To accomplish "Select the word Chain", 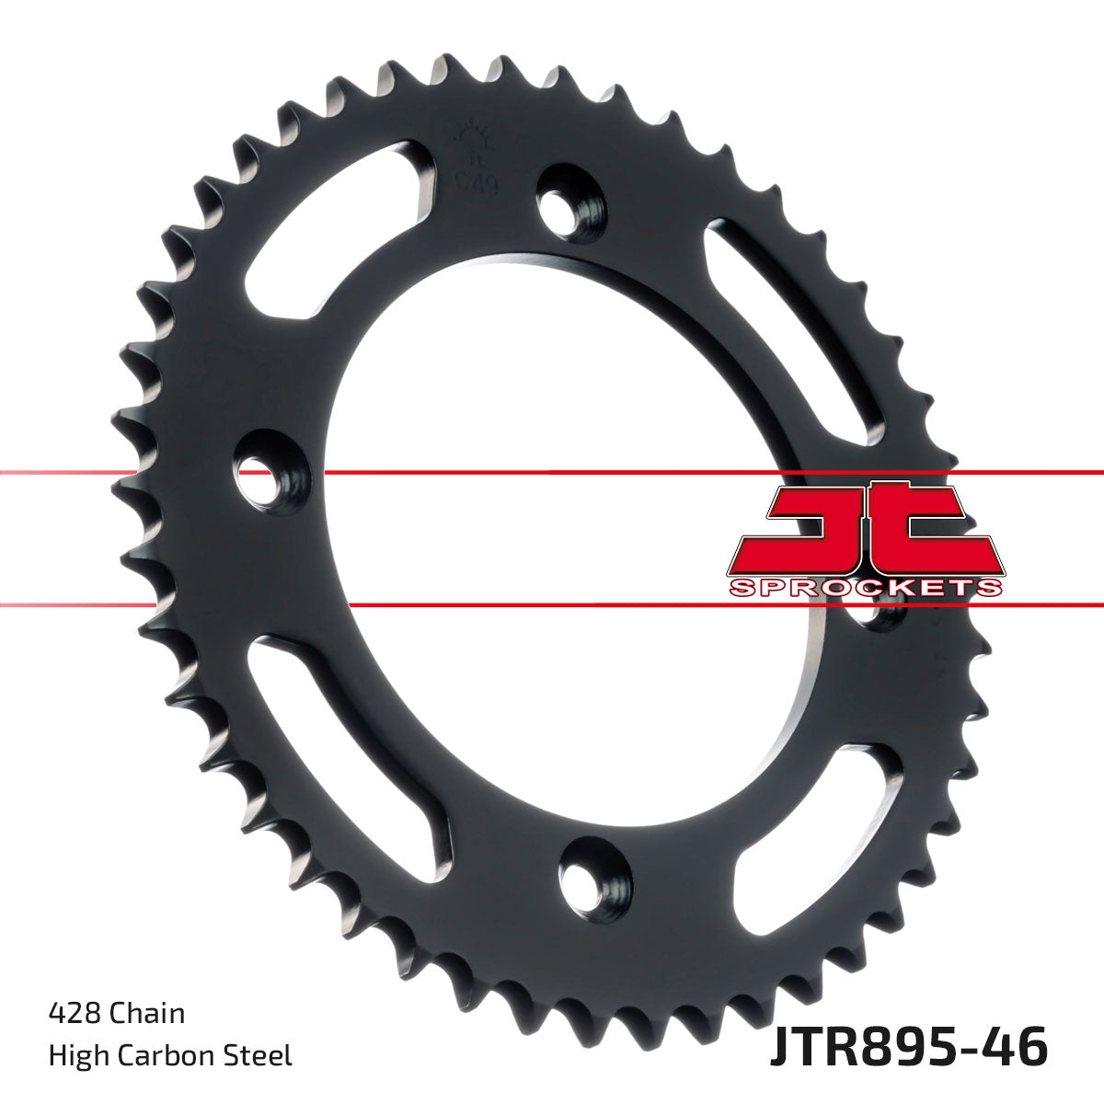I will click(x=147, y=1014).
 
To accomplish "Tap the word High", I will click(x=75, y=1054).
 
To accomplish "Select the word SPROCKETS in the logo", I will click(x=864, y=588).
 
